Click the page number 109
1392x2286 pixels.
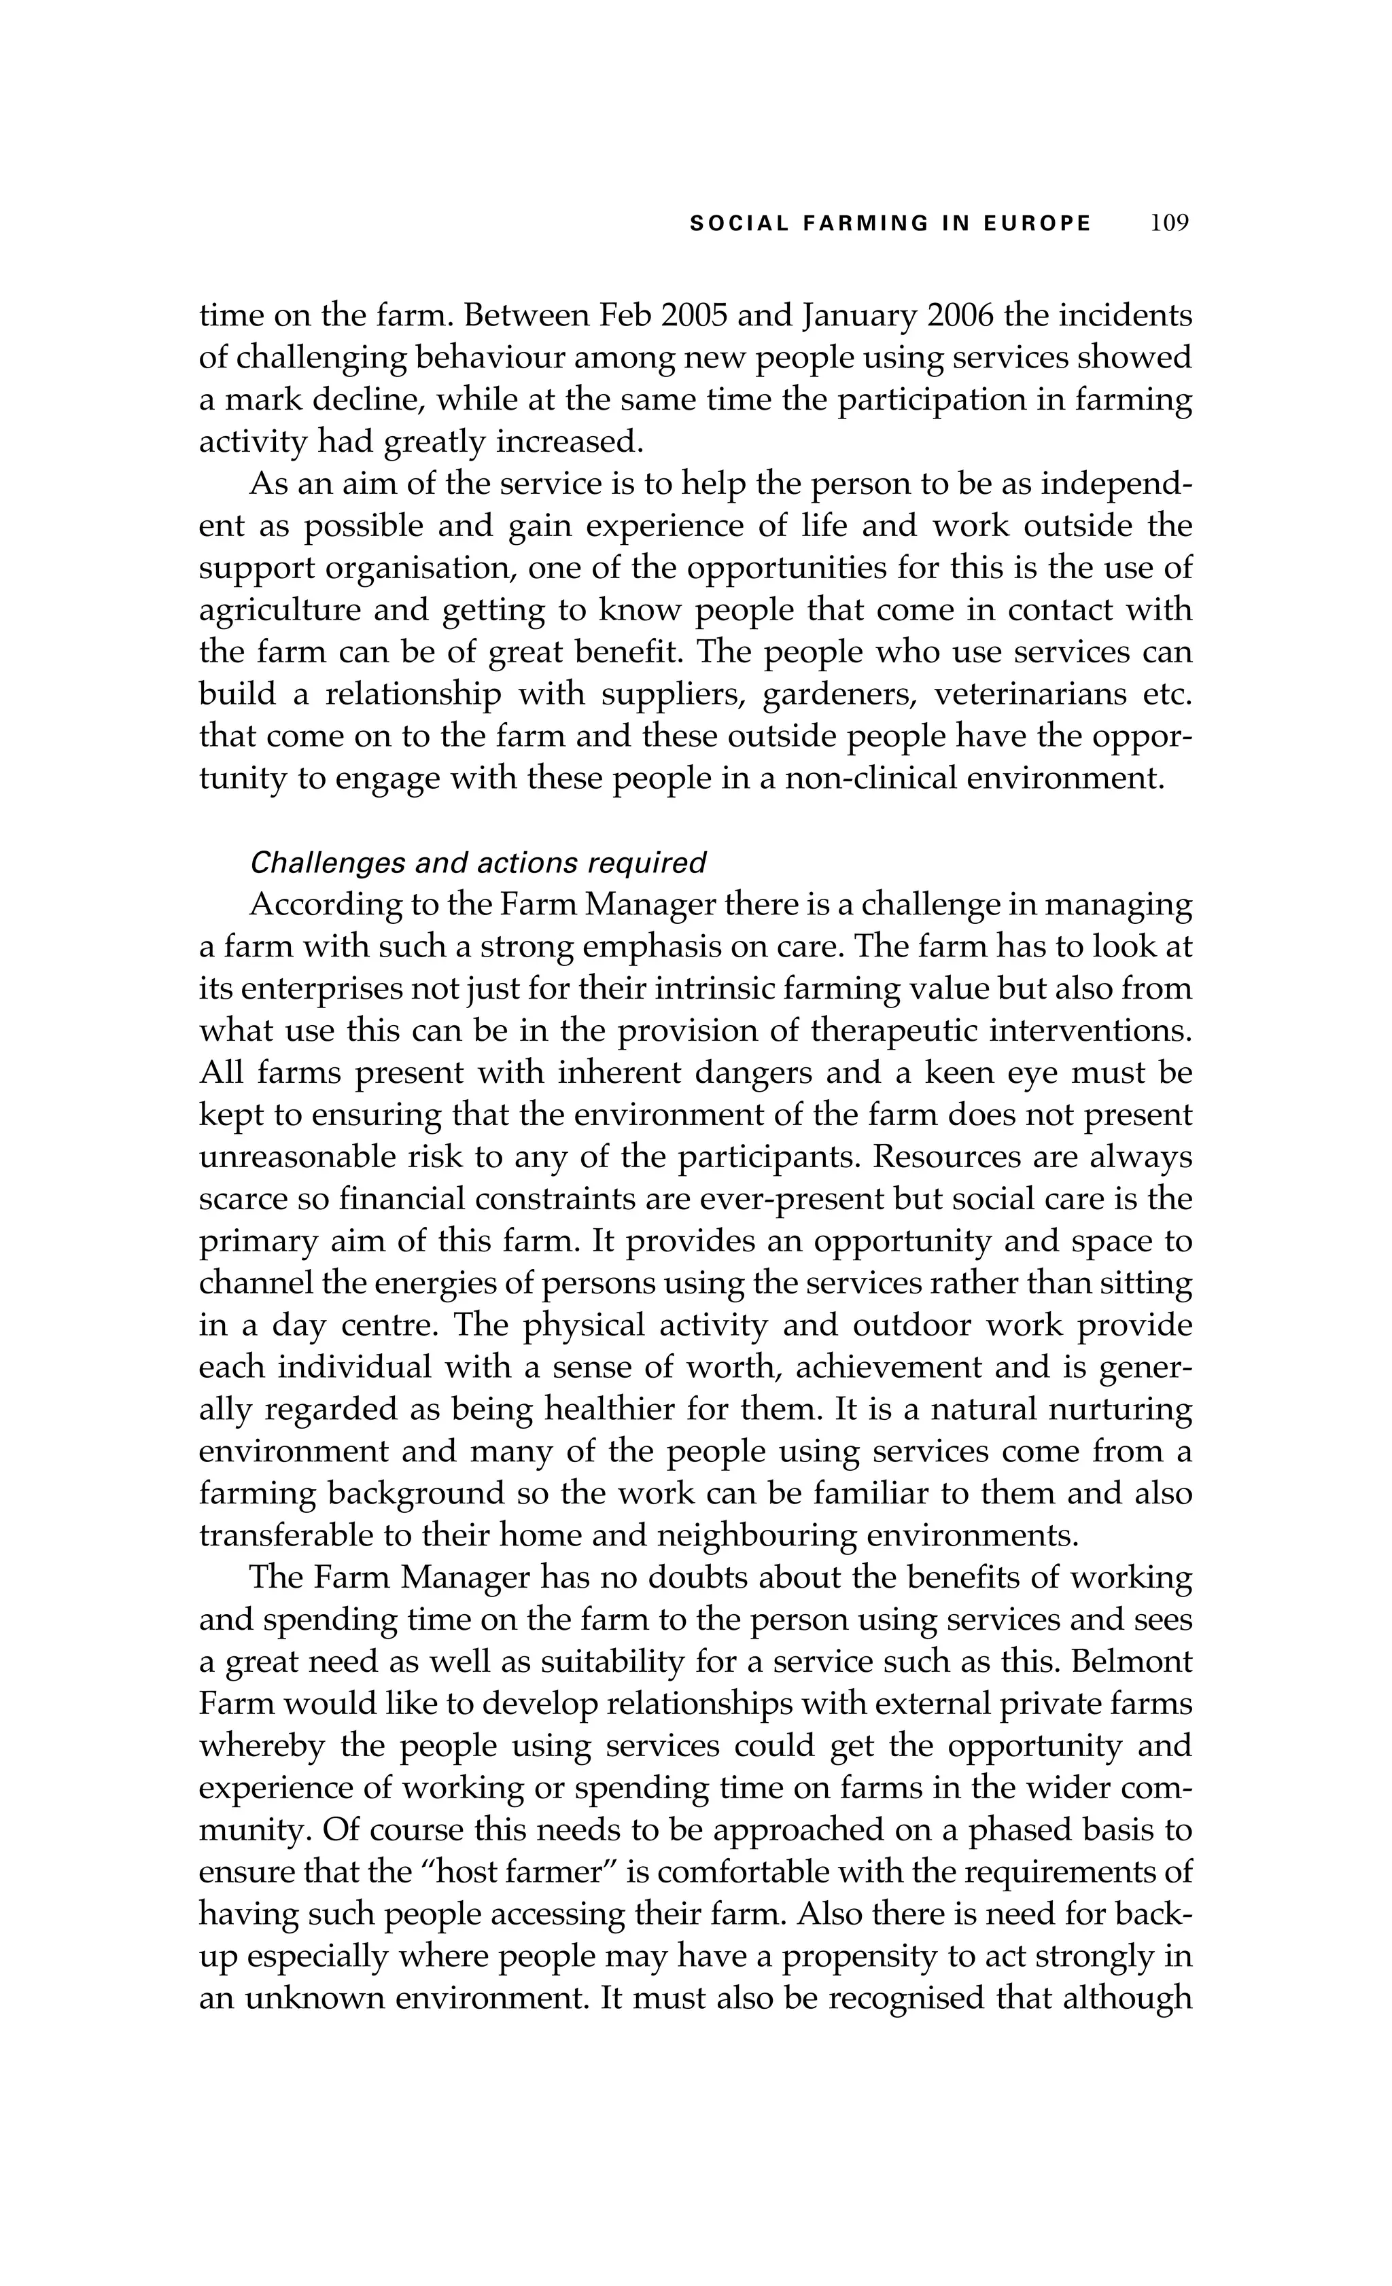click(x=1168, y=224)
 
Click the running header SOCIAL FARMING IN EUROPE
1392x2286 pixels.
click(x=891, y=224)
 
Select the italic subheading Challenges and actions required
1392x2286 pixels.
click(x=478, y=863)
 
